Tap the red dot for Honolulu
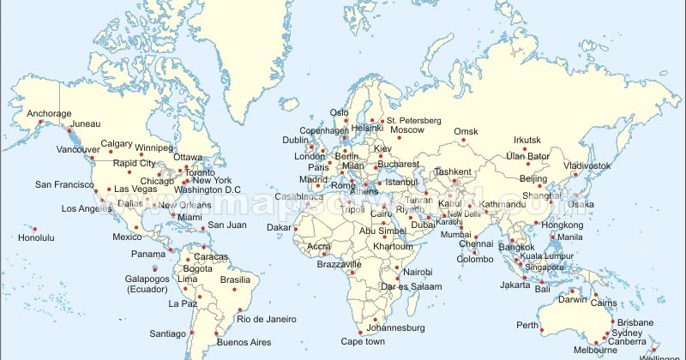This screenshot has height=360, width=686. pos(35,229)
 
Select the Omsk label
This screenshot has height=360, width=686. pos(466,131)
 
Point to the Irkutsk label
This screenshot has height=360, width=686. pos(527,140)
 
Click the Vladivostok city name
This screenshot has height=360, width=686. pos(587,165)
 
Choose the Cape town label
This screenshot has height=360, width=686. pos(362,341)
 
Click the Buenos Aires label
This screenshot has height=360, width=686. pos(244,343)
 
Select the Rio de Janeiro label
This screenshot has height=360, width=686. pos(268,319)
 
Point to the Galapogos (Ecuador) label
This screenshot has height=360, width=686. pos(147,284)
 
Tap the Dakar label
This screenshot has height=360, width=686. pos(280,227)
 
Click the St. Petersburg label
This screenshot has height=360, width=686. pos(413,120)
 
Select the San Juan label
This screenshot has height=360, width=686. pos(227,225)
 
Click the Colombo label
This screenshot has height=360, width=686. pos(475,259)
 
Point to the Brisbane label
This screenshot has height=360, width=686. pos(635,322)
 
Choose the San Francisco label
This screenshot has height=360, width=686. pos(64,184)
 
